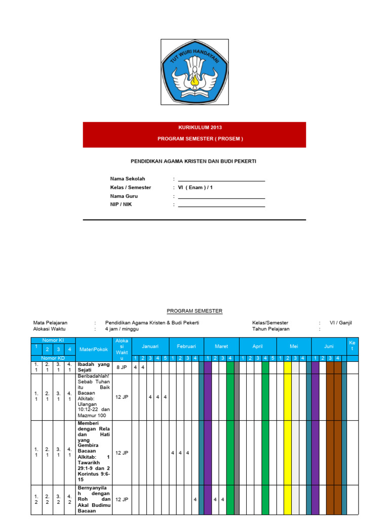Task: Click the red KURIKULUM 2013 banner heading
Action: tap(194, 127)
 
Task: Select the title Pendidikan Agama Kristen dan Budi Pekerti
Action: tap(194, 161)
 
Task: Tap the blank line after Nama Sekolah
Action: tap(221, 179)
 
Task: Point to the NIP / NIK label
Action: tap(121, 204)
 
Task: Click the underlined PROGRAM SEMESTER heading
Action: tap(194, 311)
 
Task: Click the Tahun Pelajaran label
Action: tap(271, 329)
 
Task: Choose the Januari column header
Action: tap(150, 346)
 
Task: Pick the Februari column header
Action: tap(186, 346)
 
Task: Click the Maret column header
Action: tap(221, 346)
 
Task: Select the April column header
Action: tap(258, 346)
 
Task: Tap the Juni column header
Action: tap(329, 346)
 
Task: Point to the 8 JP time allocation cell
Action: tap(122, 367)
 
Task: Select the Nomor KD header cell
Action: tap(53, 358)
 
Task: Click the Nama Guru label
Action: tap(124, 196)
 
